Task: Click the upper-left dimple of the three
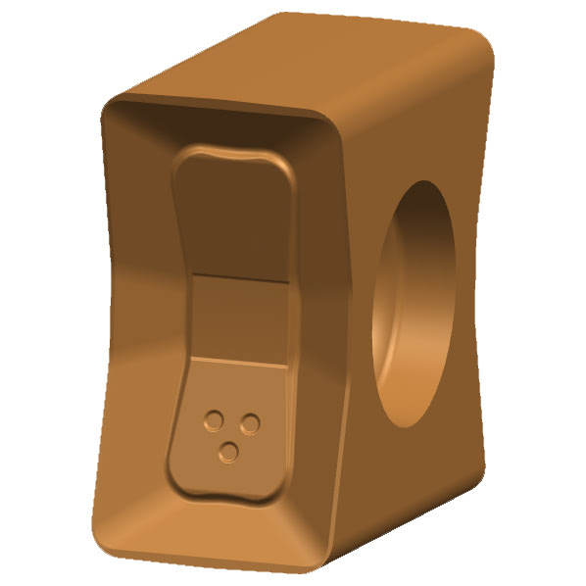(212, 420)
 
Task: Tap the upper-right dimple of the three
(250, 423)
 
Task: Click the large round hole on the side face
(415, 304)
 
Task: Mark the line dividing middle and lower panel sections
(237, 362)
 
